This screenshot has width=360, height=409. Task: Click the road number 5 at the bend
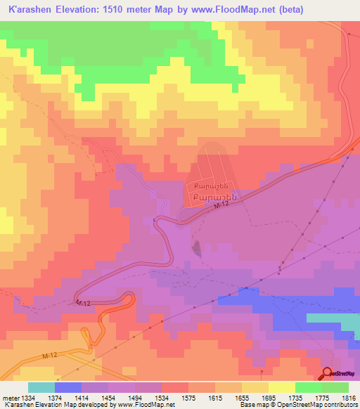(155, 220)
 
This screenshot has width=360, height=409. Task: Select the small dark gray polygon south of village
(196, 247)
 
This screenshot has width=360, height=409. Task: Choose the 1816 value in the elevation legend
(349, 397)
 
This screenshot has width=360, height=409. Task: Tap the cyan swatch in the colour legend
(41, 387)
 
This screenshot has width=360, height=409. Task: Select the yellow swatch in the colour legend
(281, 387)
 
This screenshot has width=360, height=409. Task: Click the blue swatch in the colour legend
(67, 387)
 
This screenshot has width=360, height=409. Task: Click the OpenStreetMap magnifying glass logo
(328, 372)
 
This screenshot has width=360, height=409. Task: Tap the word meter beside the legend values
(10, 397)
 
